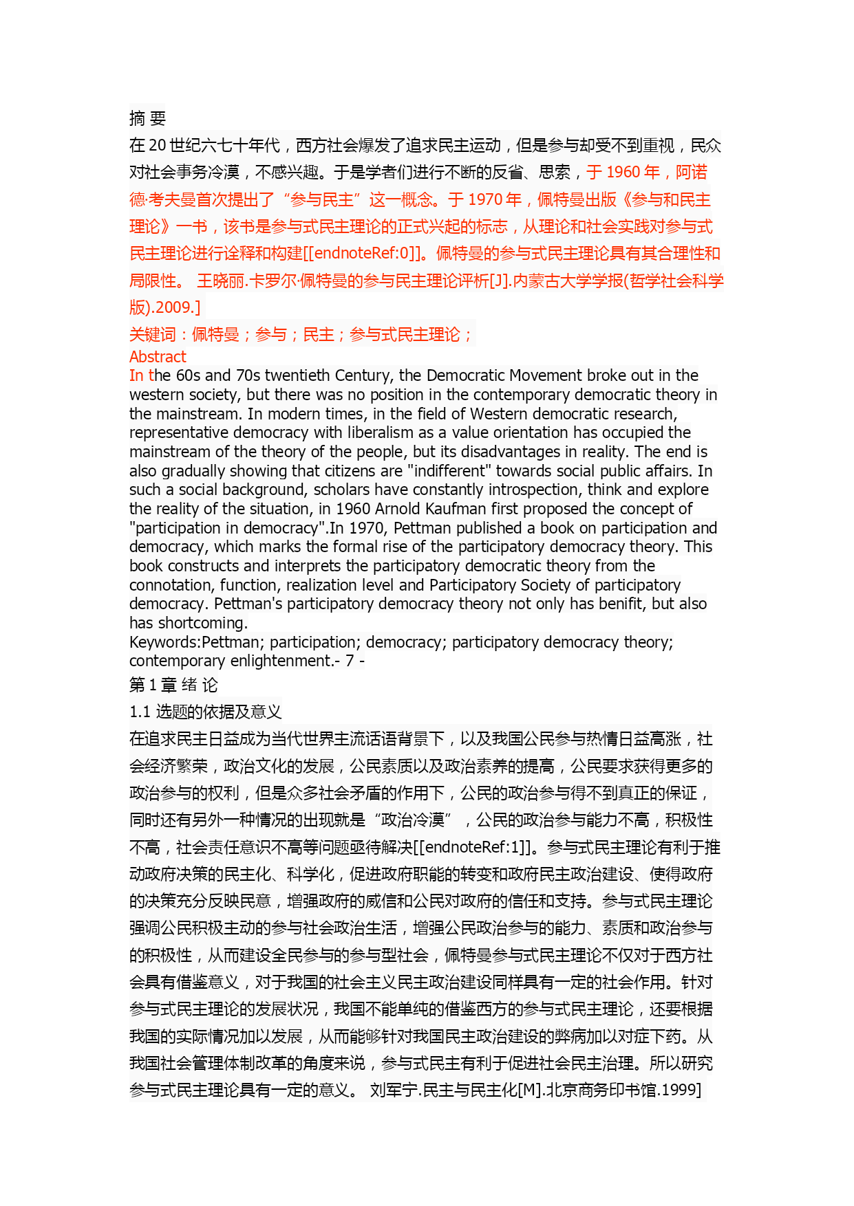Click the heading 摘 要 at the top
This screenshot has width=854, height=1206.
[147, 118]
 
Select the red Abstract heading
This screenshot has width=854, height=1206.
[158, 357]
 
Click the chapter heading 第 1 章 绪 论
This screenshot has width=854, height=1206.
[173, 685]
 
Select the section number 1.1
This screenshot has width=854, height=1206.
[140, 712]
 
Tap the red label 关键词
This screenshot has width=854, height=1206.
[152, 335]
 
